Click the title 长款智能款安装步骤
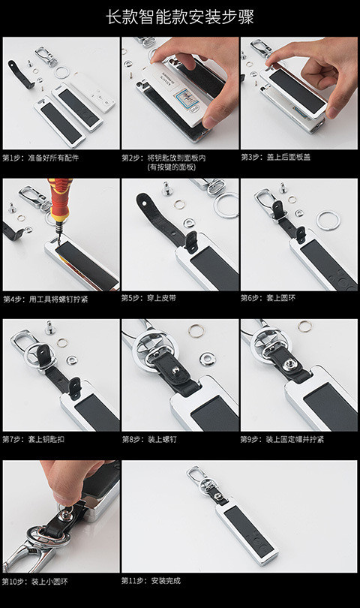pyautogui.click(x=180, y=17)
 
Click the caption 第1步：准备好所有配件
pyautogui.click(x=40, y=158)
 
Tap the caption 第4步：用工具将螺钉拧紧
pyautogui.click(x=46, y=299)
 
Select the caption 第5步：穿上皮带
pyautogui.click(x=148, y=298)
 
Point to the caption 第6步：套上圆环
pyautogui.click(x=268, y=298)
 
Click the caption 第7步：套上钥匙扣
pyautogui.click(x=33, y=439)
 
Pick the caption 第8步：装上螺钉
pyautogui.click(x=149, y=439)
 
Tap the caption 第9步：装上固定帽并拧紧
pyautogui.click(x=282, y=439)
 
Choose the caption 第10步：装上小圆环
pyautogui.click(x=35, y=582)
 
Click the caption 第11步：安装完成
pyautogui.click(x=151, y=581)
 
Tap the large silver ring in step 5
pyautogui.click(x=226, y=206)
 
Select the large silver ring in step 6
pyautogui.click(x=328, y=220)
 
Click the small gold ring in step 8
pyautogui.click(x=196, y=331)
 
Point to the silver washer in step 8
pyautogui.click(x=207, y=359)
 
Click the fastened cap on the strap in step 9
pyautogui.click(x=289, y=365)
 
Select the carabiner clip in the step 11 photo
pyautogui.click(x=196, y=477)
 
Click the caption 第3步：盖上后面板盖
pyautogui.click(x=275, y=157)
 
